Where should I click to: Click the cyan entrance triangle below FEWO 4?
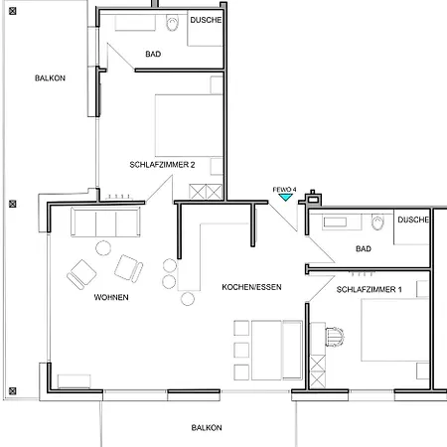pyautogui.click(x=285, y=198)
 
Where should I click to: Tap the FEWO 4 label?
pyautogui.click(x=284, y=190)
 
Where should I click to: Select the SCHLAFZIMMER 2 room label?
pyautogui.click(x=162, y=165)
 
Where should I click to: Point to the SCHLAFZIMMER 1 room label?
pyautogui.click(x=370, y=289)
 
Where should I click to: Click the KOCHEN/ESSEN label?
pyautogui.click(x=251, y=287)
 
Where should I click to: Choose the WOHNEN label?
pyautogui.click(x=111, y=297)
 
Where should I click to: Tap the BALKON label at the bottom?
pyautogui.click(x=207, y=428)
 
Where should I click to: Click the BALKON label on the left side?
pyautogui.click(x=50, y=78)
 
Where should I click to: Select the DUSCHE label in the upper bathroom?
pyautogui.click(x=206, y=20)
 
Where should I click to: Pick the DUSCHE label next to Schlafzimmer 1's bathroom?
pyautogui.click(x=413, y=220)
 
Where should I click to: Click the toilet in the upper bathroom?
pyautogui.click(x=172, y=23)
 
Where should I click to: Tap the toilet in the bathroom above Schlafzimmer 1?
pyautogui.click(x=377, y=223)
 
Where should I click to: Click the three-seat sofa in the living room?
pyautogui.click(x=105, y=223)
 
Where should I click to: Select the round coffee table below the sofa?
pyautogui.click(x=103, y=248)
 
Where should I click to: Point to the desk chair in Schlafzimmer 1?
pyautogui.click(x=335, y=337)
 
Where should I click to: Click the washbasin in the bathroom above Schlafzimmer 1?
pyautogui.click(x=335, y=223)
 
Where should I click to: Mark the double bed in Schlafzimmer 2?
pyautogui.click(x=189, y=125)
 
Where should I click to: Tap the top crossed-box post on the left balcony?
pyautogui.click(x=13, y=11)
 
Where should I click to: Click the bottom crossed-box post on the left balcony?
pyautogui.click(x=13, y=391)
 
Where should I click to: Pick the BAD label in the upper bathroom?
pyautogui.click(x=153, y=54)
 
